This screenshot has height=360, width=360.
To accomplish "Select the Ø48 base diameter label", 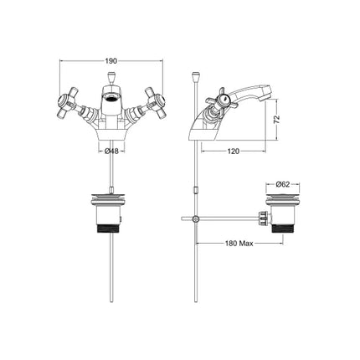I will (x=111, y=152).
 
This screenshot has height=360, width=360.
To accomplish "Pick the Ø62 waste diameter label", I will (x=283, y=183).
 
